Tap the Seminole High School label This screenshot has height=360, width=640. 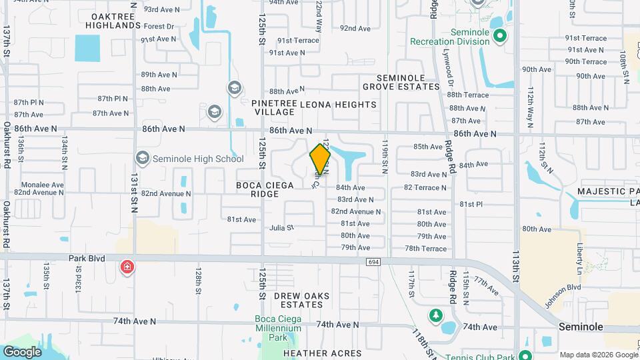(x=189, y=159)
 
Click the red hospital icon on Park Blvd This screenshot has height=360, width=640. (x=126, y=267)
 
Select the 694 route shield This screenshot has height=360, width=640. (x=373, y=262)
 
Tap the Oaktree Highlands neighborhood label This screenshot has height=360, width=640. (x=113, y=20)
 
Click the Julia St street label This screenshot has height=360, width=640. (x=281, y=228)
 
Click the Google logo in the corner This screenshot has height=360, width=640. (x=22, y=351)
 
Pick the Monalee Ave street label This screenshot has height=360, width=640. (x=42, y=185)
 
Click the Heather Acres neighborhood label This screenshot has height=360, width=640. (x=322, y=353)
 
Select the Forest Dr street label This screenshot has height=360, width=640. (x=158, y=27)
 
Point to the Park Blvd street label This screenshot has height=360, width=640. (x=87, y=257)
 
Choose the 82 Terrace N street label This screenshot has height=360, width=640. (x=425, y=187)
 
